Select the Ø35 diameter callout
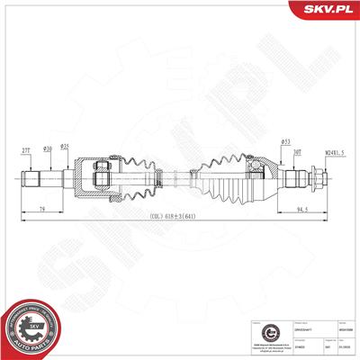point(65,147)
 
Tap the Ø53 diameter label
point(259,140)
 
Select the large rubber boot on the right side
point(220,177)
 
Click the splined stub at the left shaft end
point(30,177)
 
